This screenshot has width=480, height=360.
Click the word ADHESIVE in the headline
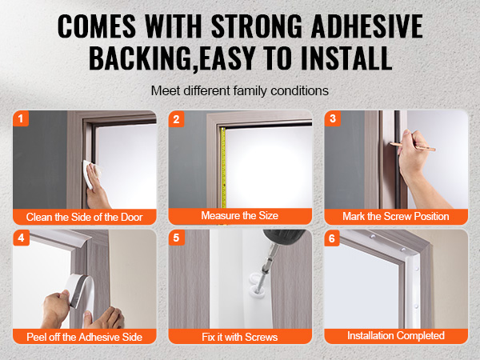point(367,26)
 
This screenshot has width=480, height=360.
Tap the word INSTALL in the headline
point(346,58)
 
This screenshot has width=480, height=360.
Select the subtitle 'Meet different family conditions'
point(240,91)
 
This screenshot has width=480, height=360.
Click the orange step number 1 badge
point(21,118)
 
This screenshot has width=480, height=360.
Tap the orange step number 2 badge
point(176,118)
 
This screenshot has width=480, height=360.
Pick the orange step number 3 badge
point(333,118)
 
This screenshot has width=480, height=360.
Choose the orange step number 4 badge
point(21,238)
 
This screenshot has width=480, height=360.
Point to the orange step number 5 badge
point(177,238)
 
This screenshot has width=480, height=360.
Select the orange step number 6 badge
point(332,238)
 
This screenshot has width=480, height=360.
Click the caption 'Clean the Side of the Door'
point(85,217)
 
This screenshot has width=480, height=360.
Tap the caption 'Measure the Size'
point(240,215)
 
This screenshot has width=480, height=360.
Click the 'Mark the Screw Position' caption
point(396,217)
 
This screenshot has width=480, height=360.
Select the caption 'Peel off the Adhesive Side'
point(85,337)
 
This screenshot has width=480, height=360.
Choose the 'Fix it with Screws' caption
point(240,337)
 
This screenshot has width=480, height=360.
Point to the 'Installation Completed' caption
point(396,335)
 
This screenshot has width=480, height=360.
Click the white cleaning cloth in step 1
point(90,174)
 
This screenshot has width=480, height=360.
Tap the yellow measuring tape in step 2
point(223,168)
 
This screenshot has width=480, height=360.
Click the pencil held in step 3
point(413,146)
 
